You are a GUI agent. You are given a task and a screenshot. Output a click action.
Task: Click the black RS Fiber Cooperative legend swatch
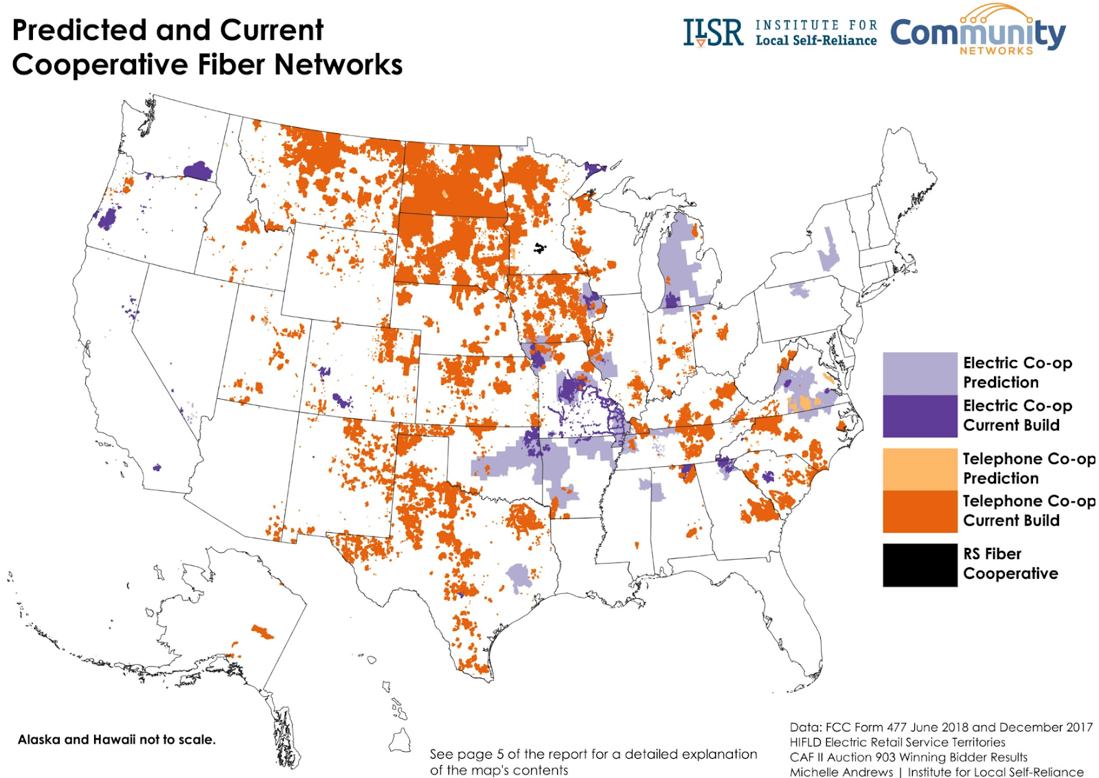(x=919, y=564)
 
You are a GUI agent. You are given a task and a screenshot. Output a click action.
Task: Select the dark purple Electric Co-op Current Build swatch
(x=919, y=416)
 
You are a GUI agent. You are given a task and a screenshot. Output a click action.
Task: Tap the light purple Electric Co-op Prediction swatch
(x=919, y=374)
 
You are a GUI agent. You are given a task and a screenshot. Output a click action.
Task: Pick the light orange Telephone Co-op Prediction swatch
(x=919, y=469)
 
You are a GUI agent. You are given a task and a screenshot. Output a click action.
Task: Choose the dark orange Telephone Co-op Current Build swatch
(x=919, y=512)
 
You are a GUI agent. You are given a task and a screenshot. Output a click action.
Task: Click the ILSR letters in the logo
(x=712, y=32)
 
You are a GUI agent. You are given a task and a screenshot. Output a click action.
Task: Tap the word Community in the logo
(x=977, y=32)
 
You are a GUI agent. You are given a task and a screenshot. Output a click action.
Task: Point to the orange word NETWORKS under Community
(x=996, y=51)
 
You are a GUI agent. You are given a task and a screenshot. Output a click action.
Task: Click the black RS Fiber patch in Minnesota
(x=540, y=248)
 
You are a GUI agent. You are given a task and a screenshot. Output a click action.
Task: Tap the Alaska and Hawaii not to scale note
(x=116, y=740)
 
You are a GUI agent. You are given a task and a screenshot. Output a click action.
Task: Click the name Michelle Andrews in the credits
(x=841, y=772)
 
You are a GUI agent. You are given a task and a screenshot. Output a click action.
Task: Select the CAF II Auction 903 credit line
(x=908, y=757)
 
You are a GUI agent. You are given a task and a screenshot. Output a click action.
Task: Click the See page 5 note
(x=593, y=762)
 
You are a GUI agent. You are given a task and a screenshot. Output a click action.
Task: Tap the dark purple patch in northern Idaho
(x=198, y=170)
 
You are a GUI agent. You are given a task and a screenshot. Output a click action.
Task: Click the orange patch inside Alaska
(x=262, y=631)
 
